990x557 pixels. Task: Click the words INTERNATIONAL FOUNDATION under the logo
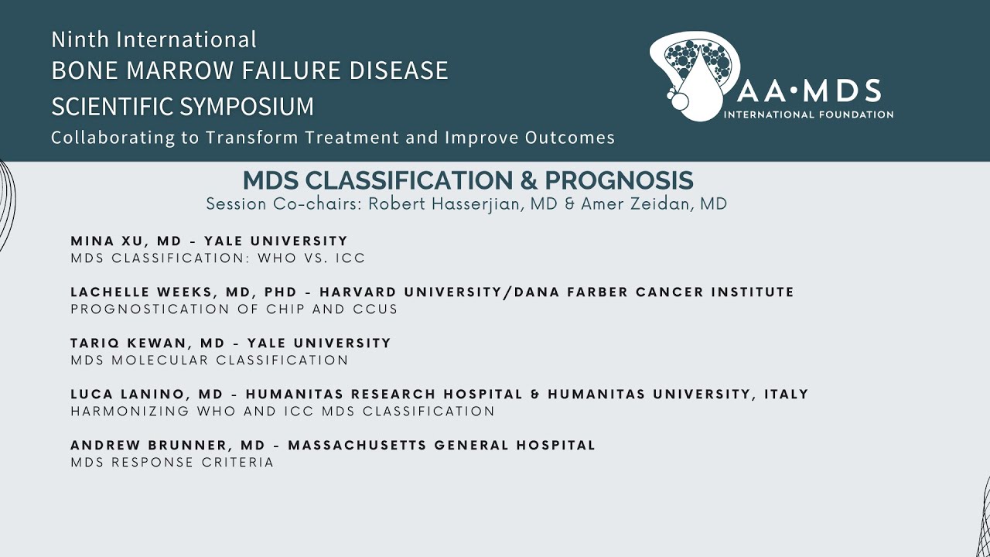click(x=808, y=114)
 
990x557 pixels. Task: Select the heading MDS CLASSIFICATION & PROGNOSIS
click(x=468, y=180)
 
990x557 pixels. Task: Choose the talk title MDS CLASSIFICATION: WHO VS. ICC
click(x=217, y=258)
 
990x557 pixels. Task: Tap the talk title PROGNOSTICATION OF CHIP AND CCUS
click(x=234, y=309)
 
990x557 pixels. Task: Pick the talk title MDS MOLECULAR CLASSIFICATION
click(x=209, y=361)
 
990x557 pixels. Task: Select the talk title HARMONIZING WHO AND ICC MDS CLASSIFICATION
click(x=282, y=412)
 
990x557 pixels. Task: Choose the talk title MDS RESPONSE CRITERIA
click(x=172, y=463)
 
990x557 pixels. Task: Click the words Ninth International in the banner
click(x=153, y=39)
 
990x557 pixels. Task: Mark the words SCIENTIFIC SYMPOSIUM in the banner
click(x=183, y=106)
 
